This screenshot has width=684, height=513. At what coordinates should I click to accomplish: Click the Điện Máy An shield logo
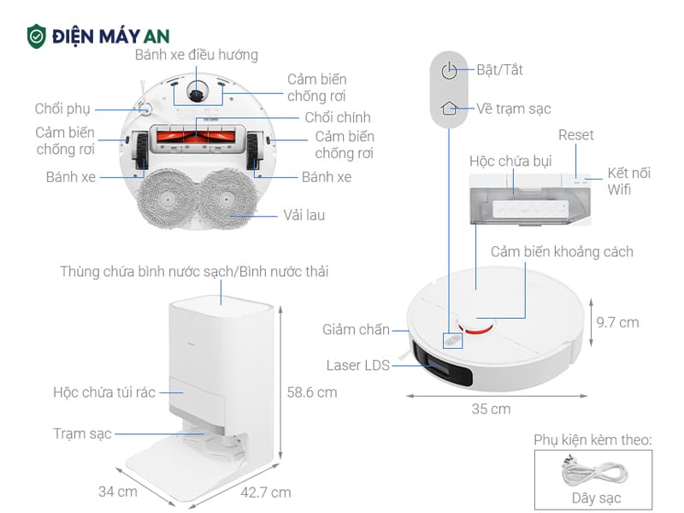(x=37, y=35)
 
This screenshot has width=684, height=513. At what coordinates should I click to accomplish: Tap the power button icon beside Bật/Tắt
(x=450, y=70)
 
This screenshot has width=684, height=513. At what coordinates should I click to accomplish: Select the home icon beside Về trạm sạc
(x=450, y=109)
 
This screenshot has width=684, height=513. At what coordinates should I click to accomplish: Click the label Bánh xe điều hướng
(x=197, y=55)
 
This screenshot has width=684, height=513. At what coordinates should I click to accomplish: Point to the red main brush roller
(x=198, y=133)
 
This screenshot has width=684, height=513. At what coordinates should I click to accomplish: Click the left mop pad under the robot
(x=163, y=194)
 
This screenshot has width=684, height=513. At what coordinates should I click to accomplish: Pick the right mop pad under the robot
(x=230, y=194)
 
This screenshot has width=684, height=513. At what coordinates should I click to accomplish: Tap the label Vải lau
(x=304, y=215)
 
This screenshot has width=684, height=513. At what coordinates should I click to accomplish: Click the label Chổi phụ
(x=62, y=109)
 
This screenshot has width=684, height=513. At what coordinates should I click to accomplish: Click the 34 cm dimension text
(x=118, y=492)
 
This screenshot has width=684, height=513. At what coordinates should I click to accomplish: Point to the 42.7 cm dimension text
(x=266, y=492)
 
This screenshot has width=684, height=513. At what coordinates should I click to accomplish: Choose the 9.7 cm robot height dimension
(x=617, y=322)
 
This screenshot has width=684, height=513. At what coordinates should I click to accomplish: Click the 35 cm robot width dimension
(x=491, y=409)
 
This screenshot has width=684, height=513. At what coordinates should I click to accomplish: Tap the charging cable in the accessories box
(x=593, y=471)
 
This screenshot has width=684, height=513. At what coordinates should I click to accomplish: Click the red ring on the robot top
(x=480, y=324)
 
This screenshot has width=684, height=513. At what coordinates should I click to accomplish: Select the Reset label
(x=575, y=135)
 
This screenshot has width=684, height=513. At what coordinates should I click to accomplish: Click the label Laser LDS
(x=357, y=365)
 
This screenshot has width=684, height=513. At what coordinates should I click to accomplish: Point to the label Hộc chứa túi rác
(x=104, y=392)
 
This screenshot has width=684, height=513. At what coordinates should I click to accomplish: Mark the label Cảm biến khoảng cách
(x=562, y=251)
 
